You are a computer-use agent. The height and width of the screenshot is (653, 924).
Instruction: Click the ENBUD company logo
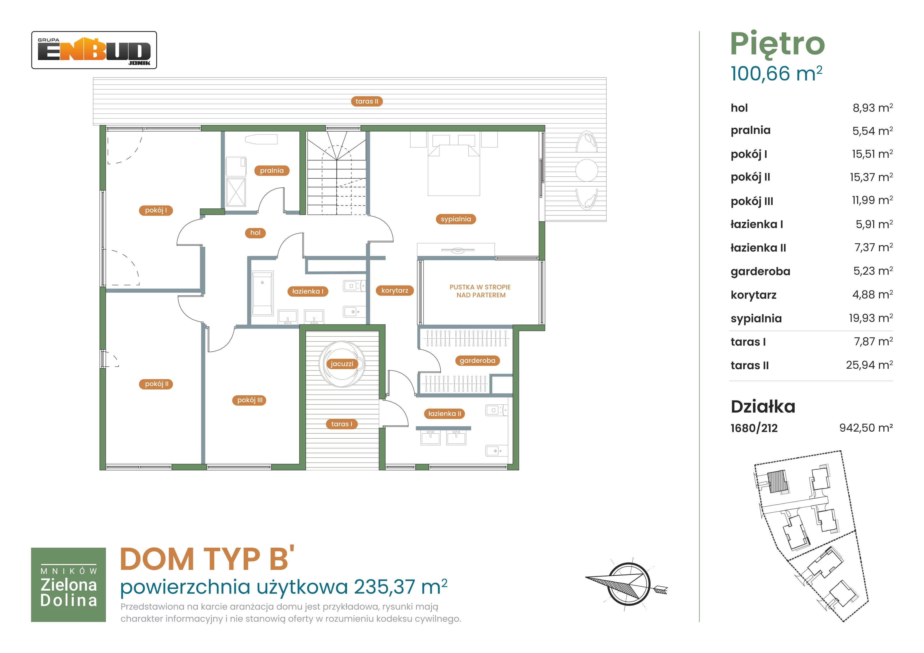click(94, 50)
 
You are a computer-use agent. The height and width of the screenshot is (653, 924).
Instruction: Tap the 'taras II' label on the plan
click(367, 101)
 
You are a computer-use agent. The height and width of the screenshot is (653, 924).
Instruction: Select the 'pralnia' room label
click(272, 171)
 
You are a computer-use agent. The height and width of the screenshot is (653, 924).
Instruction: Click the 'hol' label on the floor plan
click(256, 233)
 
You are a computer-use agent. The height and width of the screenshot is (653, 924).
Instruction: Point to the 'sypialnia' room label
click(456, 219)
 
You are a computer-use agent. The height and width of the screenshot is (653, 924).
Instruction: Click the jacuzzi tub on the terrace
click(342, 364)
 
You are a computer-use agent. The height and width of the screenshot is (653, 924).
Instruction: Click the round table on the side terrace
click(586, 170)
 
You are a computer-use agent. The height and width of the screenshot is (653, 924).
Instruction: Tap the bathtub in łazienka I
click(262, 293)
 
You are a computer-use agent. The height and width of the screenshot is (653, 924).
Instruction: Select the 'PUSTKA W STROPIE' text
click(480, 287)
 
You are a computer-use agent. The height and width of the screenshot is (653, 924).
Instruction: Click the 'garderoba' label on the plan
click(477, 361)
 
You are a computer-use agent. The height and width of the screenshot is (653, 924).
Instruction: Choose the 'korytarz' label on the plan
click(394, 290)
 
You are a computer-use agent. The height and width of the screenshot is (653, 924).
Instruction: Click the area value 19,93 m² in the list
click(871, 318)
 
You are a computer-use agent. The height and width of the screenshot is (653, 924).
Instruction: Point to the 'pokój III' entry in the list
click(752, 201)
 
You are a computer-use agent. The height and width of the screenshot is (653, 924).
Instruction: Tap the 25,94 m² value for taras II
click(869, 365)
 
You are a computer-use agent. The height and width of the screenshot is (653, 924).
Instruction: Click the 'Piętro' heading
click(778, 44)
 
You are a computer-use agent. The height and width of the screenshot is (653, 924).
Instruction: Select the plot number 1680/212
click(754, 428)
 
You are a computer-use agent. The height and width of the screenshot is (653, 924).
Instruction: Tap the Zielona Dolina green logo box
click(68, 585)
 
